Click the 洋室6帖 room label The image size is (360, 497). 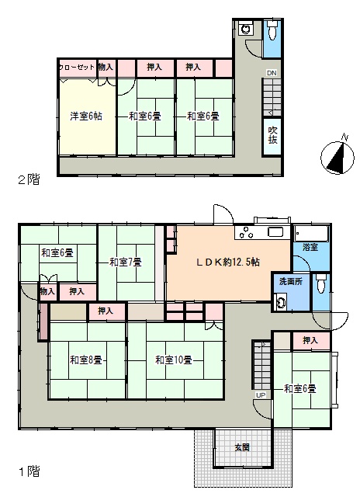[86, 116]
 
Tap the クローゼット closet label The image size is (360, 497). [77, 68]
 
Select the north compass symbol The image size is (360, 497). [337, 157]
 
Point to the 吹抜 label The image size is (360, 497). [272, 135]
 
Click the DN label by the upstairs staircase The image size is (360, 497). [272, 73]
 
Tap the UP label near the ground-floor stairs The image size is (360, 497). [261, 395]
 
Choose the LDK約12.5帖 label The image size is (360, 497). [228, 262]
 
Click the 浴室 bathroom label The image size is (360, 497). [310, 247]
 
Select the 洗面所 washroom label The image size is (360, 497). [290, 281]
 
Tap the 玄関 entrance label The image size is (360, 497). [242, 447]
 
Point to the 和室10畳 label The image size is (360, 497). [174, 360]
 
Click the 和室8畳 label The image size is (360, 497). [86, 360]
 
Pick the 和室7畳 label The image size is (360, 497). [126, 262]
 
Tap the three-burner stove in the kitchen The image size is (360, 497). [246, 233]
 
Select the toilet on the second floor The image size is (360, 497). [272, 30]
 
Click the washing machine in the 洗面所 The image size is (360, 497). [281, 301]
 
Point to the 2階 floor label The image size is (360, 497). [29, 179]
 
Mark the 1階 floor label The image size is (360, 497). [29, 471]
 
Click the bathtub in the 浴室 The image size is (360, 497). [311, 234]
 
